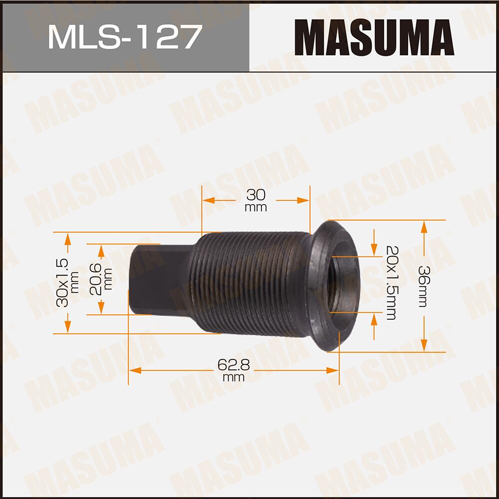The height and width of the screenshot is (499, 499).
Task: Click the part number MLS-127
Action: [125, 37]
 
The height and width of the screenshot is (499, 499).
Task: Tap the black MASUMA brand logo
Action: [374, 37]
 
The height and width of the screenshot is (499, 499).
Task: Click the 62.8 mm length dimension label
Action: [234, 371]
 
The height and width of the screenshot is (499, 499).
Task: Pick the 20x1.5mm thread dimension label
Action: [391, 282]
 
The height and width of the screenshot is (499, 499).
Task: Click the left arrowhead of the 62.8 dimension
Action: [133, 370]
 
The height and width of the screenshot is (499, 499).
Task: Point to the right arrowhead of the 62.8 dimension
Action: [333, 370]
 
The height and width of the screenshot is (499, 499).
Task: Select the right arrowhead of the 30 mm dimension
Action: [304, 200]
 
